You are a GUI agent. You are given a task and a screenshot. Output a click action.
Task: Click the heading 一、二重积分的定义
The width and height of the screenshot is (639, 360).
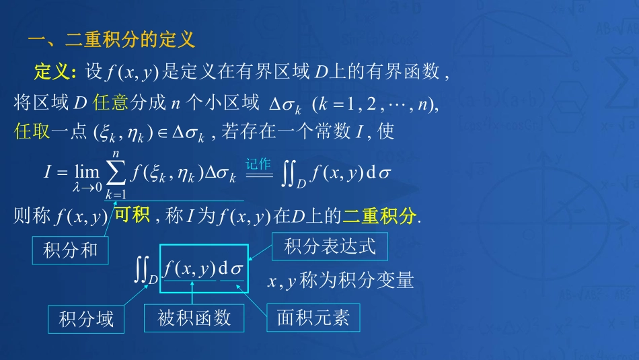[112, 40]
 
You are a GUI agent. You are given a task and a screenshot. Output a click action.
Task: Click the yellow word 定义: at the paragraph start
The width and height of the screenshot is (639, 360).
[57, 71]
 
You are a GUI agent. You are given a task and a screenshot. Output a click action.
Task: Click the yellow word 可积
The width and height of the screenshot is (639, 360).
[131, 215]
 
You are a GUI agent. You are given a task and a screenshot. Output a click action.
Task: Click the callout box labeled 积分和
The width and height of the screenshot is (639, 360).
[70, 250]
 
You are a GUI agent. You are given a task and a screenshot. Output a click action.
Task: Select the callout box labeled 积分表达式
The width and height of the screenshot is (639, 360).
[330, 246]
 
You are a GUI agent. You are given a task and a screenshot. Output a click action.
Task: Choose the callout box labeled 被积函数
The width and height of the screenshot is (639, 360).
[194, 318]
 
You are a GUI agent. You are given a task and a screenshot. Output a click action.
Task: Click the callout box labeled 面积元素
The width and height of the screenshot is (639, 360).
[313, 318]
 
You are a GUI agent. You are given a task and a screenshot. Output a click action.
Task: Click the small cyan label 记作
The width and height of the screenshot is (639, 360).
[258, 164]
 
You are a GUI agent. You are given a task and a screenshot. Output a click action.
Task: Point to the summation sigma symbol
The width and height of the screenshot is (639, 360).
[116, 176]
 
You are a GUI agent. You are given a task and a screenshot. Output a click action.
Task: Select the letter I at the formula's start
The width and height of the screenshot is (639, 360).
[48, 172]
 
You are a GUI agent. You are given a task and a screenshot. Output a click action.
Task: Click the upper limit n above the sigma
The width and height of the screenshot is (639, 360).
[116, 156]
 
